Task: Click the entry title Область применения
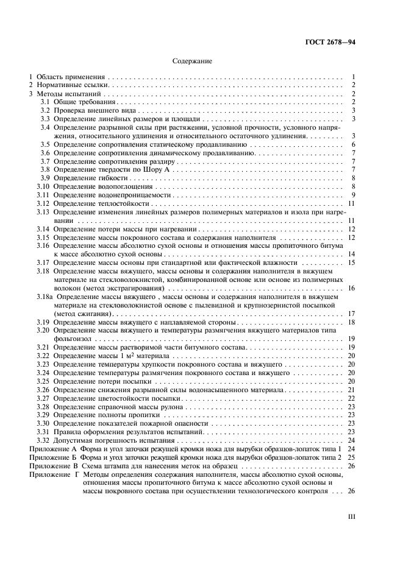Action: (x=70, y=78)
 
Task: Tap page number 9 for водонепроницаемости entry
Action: (x=353, y=194)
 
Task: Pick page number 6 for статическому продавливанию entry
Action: (x=353, y=145)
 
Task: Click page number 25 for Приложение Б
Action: (x=351, y=456)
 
